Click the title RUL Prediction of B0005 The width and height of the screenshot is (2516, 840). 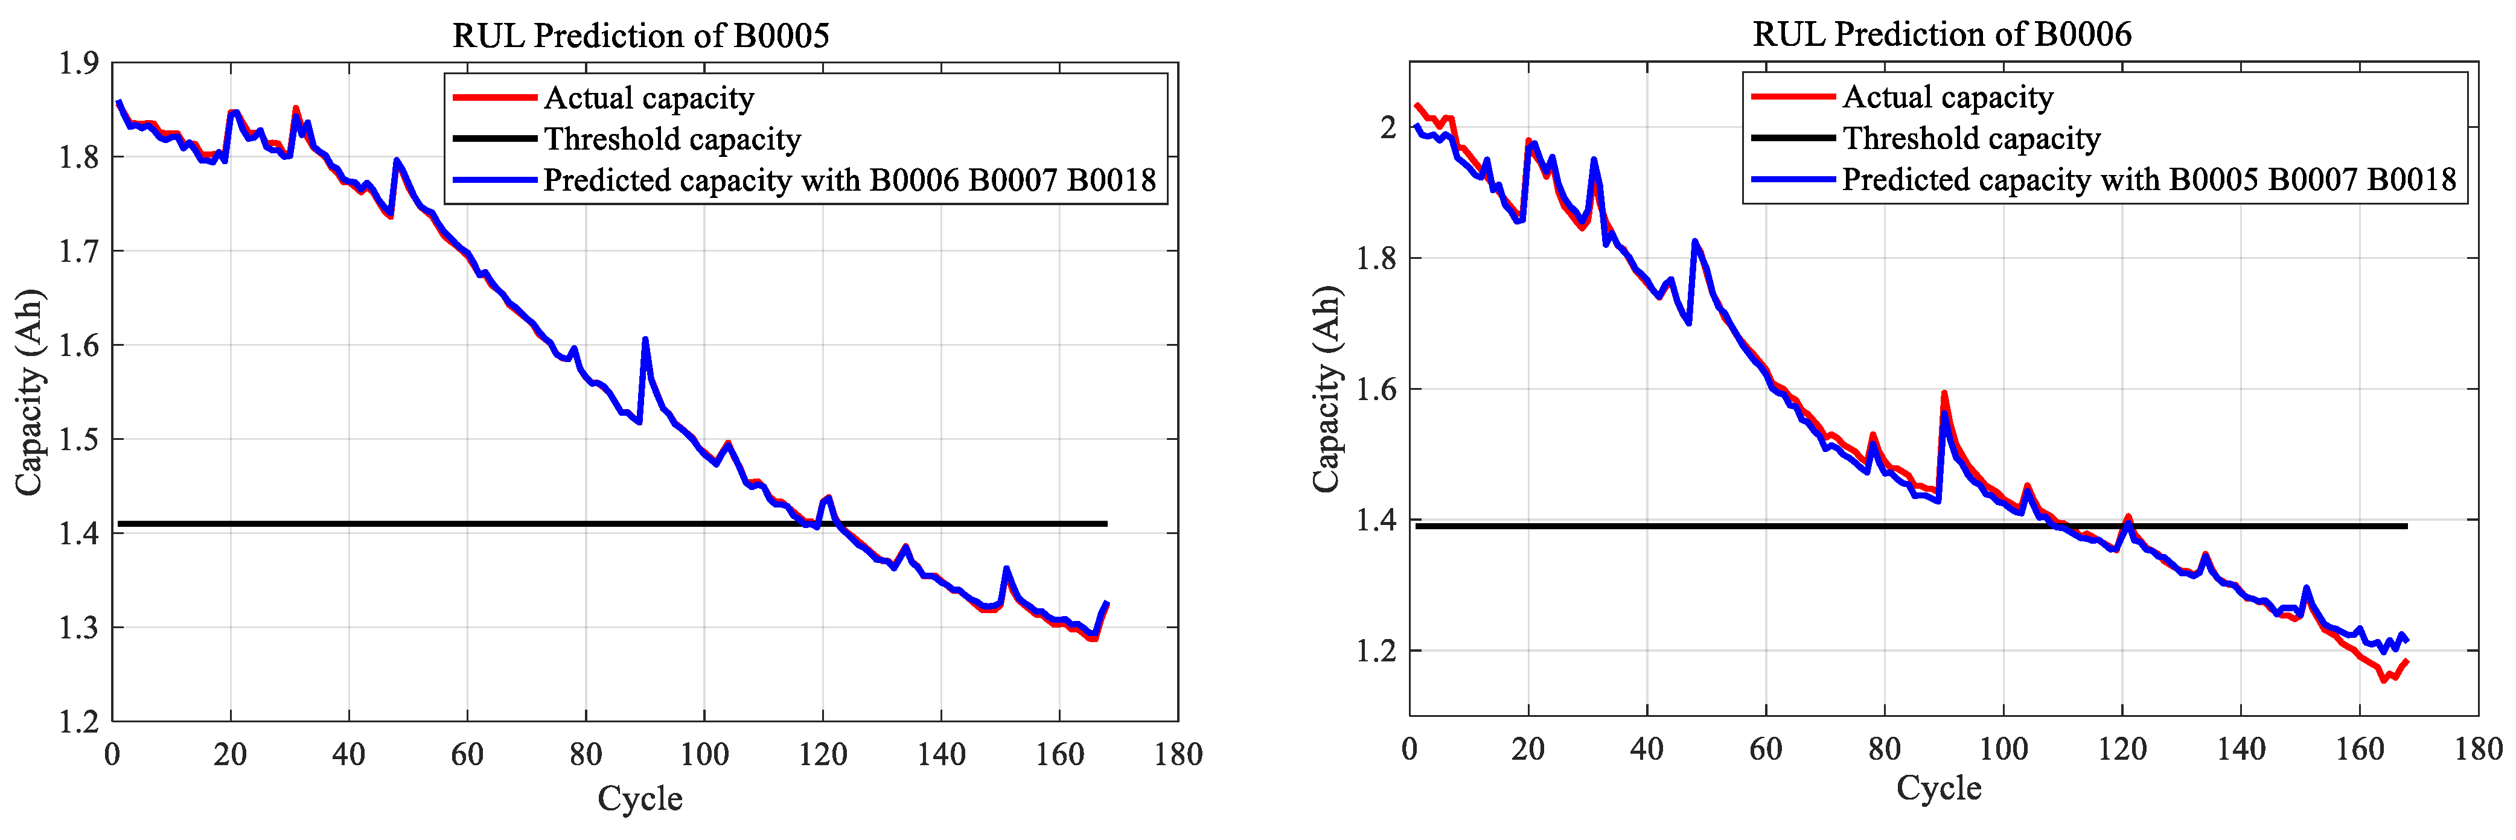coord(640,36)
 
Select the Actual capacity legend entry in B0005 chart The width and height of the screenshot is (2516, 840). coord(648,98)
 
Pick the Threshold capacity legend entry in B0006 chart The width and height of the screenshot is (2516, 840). coord(1971,139)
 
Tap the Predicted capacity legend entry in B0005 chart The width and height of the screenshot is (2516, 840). coord(849,180)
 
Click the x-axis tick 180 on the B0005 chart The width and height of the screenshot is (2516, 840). coord(1178,755)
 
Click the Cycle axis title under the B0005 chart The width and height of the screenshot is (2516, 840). coord(640,799)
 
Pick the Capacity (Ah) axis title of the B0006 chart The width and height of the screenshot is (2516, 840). coord(1326,389)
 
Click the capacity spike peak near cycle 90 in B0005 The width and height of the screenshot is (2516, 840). coord(645,340)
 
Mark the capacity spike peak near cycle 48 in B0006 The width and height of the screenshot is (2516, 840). coord(1694,241)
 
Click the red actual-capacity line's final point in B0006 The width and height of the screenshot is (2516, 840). coord(2407,661)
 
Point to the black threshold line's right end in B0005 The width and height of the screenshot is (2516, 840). coord(1106,524)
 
